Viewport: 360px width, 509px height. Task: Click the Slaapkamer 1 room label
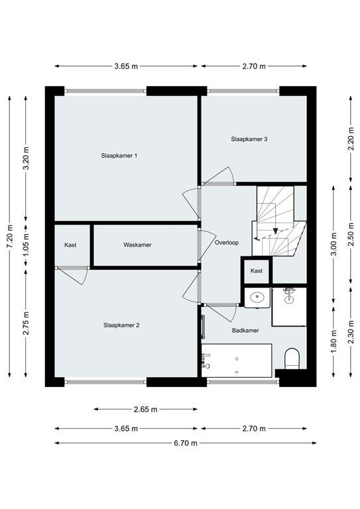click(x=119, y=156)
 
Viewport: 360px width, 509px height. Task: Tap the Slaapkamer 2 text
click(x=121, y=325)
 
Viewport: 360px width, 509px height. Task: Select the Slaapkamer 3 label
click(x=249, y=139)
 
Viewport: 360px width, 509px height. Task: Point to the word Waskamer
click(x=137, y=245)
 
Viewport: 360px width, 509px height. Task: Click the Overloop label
click(x=227, y=243)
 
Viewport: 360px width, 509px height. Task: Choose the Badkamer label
click(x=245, y=330)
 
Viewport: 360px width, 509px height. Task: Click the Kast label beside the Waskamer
click(x=70, y=245)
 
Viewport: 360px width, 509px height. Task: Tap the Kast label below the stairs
click(x=257, y=270)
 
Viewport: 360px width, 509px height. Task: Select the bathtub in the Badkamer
click(x=236, y=362)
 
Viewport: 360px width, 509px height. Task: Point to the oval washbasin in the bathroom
click(x=257, y=298)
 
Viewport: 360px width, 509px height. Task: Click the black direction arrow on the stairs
click(x=274, y=227)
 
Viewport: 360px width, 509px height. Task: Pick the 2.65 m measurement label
click(x=145, y=409)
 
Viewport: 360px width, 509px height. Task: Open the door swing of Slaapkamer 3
click(x=220, y=175)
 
